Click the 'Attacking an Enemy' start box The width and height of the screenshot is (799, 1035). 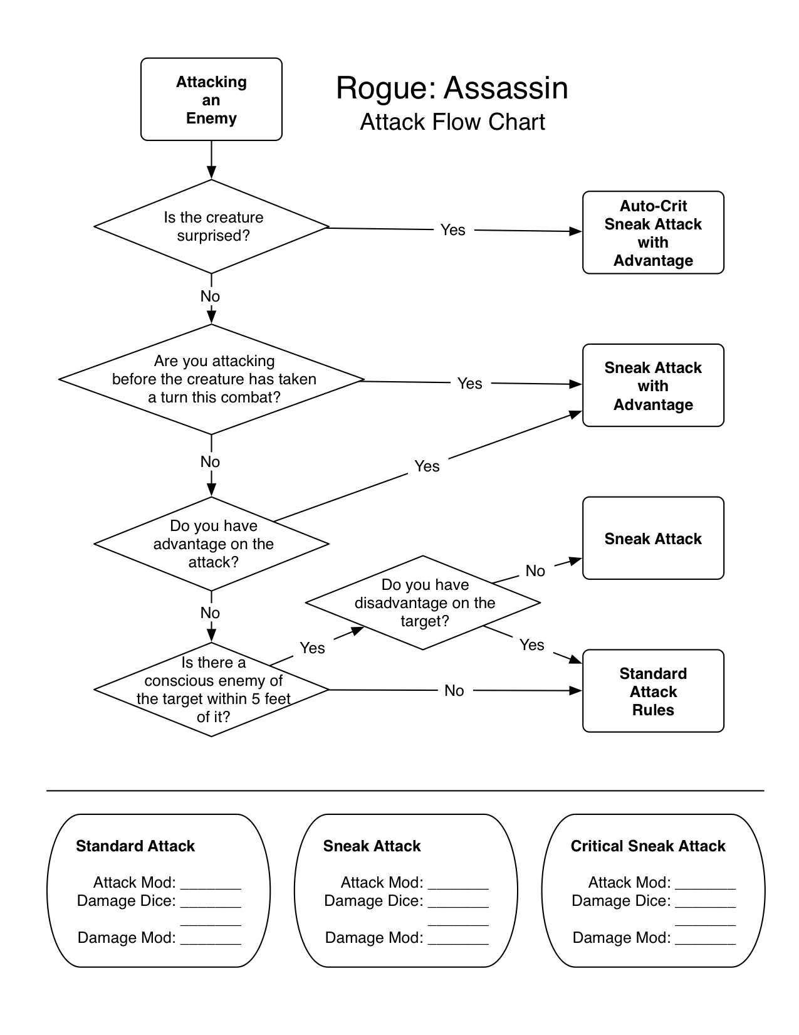[x=211, y=100]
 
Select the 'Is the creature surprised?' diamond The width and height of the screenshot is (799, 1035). [x=212, y=227]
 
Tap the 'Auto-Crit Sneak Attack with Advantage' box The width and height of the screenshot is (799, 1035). [x=653, y=233]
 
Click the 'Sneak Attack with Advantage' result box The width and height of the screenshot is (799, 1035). [x=653, y=386]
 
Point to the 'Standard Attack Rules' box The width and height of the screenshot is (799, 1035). [x=653, y=691]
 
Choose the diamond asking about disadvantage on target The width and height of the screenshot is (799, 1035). [x=423, y=602]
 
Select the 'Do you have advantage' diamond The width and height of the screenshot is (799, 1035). [x=212, y=544]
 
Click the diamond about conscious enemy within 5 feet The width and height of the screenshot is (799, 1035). [x=212, y=690]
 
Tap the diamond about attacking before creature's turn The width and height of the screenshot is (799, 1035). [x=212, y=379]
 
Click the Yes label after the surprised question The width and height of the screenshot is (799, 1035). [x=452, y=230]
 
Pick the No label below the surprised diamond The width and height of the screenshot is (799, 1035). [x=210, y=296]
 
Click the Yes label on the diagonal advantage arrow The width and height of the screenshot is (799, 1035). [x=427, y=466]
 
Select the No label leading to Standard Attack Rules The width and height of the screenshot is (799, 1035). [x=454, y=690]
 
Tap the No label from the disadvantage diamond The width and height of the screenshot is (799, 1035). [x=535, y=570]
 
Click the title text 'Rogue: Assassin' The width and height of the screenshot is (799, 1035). [x=452, y=88]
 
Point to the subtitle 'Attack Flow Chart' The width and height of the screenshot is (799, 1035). [x=452, y=122]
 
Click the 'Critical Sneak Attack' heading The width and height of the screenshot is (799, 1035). [x=647, y=846]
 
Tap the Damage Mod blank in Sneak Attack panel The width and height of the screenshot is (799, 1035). [x=458, y=939]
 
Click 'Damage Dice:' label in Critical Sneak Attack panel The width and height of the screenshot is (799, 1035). [x=621, y=901]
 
